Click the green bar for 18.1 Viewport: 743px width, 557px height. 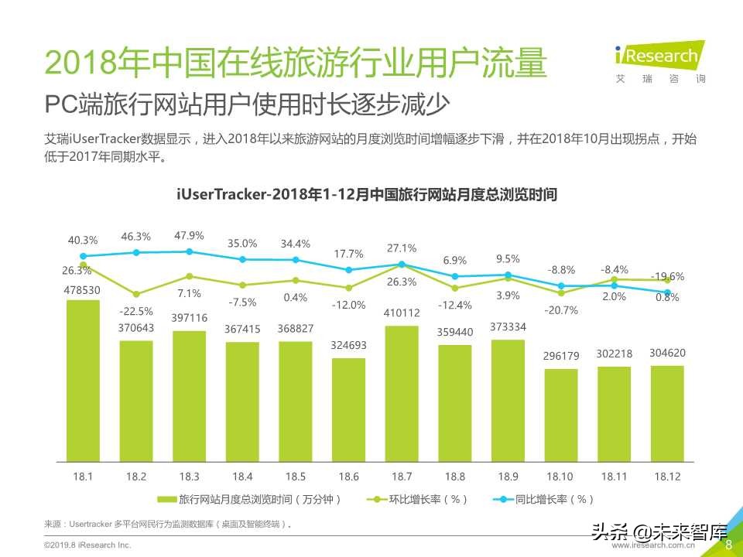coord(83,379)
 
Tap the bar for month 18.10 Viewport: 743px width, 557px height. coord(561,414)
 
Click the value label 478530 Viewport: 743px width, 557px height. coord(83,289)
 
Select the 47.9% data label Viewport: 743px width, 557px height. coord(189,235)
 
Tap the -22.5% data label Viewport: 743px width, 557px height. coord(136,311)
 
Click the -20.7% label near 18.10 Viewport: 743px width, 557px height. coord(561,310)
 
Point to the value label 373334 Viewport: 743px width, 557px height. coord(508,327)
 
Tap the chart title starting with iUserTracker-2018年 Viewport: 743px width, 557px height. coord(367,194)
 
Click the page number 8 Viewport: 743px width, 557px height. coord(728,545)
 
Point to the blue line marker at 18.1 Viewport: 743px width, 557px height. coord(83,255)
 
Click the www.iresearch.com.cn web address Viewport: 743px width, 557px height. coord(654,546)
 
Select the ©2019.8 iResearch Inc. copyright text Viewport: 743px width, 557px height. coord(87,545)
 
